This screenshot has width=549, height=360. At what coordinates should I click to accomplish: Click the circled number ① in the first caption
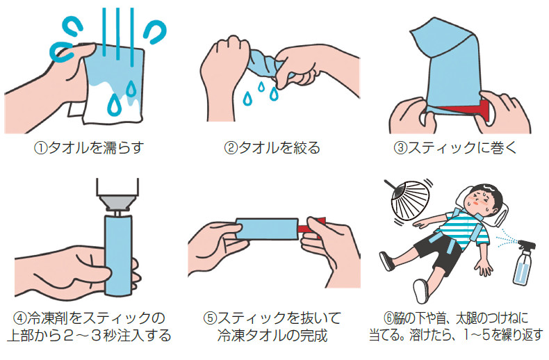[x=40, y=148]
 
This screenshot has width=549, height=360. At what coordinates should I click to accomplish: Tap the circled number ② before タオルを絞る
[x=231, y=148]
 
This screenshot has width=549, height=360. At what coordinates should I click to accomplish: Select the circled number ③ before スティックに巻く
[x=400, y=148]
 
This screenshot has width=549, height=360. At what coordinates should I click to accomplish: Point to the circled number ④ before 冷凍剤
[x=20, y=318]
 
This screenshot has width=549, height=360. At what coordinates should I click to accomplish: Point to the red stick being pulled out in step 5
[x=311, y=227]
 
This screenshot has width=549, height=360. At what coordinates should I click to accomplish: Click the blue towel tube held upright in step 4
[x=118, y=255]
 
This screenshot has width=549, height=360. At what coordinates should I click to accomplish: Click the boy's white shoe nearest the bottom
[x=420, y=291]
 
